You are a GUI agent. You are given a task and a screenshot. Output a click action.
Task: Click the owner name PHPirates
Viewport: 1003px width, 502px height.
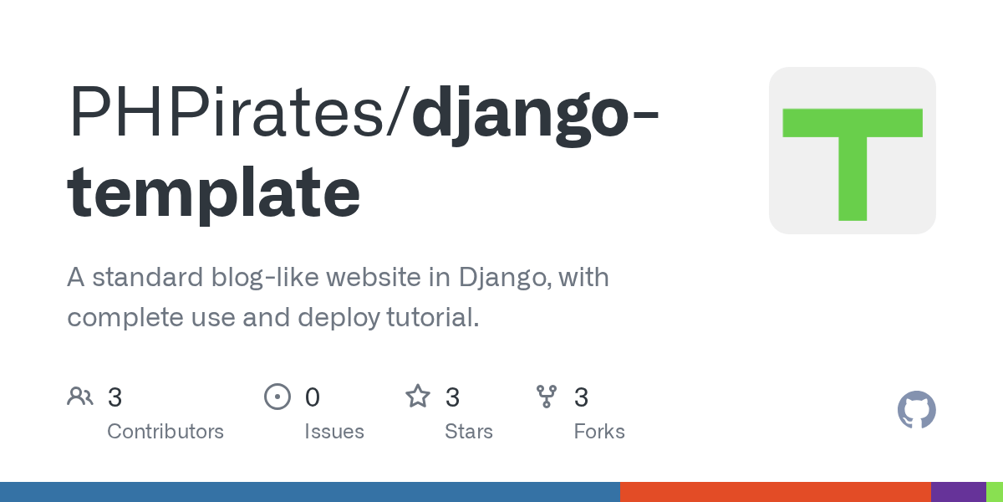[x=227, y=111]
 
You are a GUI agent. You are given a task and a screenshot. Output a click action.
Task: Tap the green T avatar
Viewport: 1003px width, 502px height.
[x=852, y=151]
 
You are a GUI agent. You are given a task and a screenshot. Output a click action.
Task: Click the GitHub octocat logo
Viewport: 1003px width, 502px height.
[x=917, y=410]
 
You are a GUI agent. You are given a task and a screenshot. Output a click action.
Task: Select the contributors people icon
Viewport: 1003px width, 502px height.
[x=80, y=397]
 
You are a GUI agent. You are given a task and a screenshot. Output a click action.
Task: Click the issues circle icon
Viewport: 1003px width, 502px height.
[x=277, y=397]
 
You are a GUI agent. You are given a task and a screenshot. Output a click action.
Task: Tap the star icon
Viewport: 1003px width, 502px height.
[x=418, y=397]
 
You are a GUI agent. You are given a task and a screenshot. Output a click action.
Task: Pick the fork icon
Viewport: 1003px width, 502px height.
[x=547, y=397]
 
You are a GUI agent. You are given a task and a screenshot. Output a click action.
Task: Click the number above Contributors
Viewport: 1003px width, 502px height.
[x=115, y=397]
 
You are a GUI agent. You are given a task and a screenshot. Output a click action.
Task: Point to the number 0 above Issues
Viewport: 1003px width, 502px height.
[x=312, y=397]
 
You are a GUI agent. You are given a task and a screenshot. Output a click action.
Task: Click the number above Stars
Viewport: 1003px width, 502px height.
[x=452, y=397]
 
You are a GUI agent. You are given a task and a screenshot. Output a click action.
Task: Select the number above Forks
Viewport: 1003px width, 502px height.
[x=581, y=397]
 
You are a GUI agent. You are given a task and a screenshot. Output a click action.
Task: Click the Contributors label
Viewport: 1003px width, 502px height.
[x=165, y=432]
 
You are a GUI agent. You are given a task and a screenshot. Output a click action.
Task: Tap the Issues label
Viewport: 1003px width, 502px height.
[x=334, y=432]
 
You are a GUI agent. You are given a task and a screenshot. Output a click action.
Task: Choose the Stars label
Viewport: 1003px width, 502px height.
[x=469, y=432]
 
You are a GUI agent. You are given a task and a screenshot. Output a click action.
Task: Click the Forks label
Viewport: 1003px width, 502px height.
[x=599, y=432]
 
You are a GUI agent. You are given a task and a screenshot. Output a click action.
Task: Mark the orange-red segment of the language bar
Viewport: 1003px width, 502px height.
[x=776, y=492]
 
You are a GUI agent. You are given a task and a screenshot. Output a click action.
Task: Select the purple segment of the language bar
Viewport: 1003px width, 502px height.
[x=959, y=492]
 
